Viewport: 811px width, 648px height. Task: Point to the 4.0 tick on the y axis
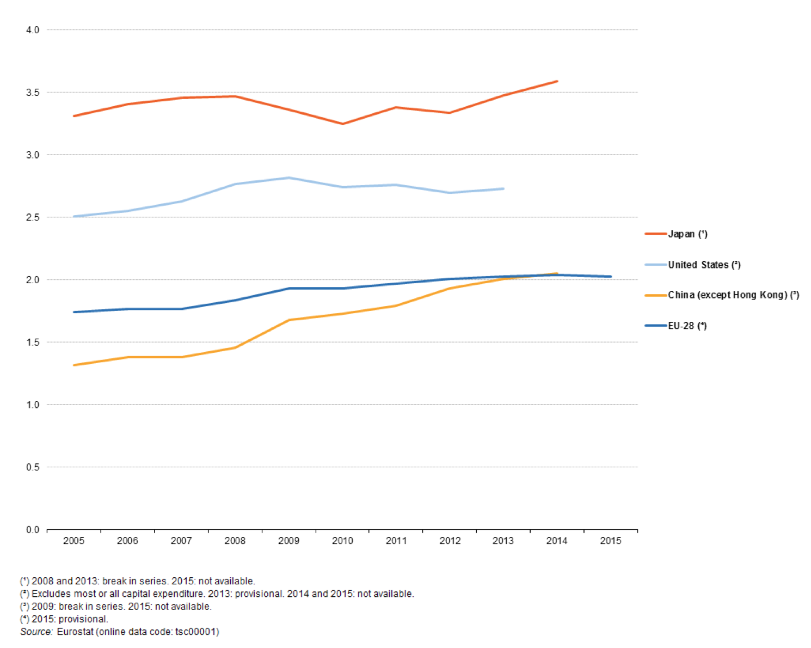(33, 30)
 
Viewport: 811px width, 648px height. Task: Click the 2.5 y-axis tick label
(33, 217)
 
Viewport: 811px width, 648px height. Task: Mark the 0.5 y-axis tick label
(33, 467)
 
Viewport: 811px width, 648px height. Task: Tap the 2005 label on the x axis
(73, 541)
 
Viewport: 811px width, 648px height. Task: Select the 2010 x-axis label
(342, 541)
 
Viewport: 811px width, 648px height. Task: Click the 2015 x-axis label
(610, 541)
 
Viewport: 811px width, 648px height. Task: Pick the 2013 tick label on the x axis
(503, 541)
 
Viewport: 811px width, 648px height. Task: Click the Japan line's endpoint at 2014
(557, 81)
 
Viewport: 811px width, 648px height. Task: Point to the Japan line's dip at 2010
(342, 124)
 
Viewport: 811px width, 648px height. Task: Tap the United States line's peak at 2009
(288, 178)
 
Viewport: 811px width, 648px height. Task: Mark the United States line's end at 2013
(503, 189)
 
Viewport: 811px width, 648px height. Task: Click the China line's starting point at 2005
(74, 365)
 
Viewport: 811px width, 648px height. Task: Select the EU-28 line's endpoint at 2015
(610, 277)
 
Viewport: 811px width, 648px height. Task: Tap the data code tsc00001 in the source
(196, 632)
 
